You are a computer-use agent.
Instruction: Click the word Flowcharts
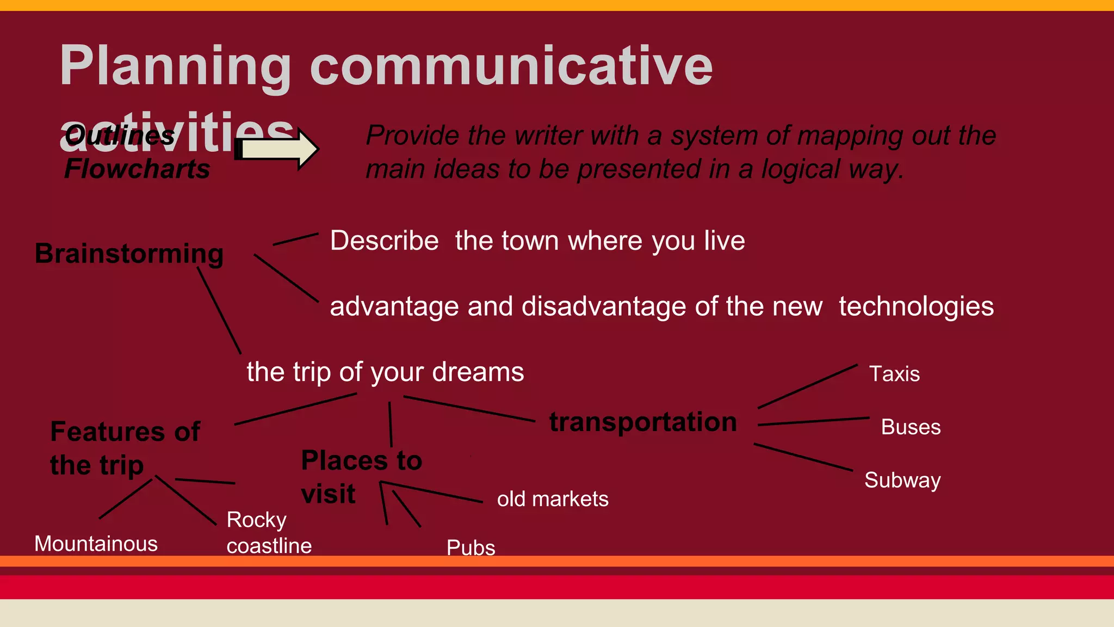coord(137,169)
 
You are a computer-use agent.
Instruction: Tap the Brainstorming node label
coord(129,254)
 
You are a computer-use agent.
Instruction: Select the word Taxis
coord(894,374)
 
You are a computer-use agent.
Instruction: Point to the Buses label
coord(911,427)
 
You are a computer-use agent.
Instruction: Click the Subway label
coord(902,481)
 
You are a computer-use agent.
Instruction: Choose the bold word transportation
coord(643,422)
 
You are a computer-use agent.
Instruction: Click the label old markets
coord(553,499)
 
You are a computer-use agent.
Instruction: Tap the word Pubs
coord(471,547)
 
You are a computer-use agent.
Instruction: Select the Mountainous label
coord(96,544)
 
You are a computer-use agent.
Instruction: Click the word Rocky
coord(256,520)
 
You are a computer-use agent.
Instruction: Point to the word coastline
coord(269,546)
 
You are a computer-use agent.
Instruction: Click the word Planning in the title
coord(175,66)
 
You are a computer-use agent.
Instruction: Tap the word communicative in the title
coord(511,66)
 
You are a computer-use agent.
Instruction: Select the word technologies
coord(916,306)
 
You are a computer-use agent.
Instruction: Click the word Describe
coord(384,241)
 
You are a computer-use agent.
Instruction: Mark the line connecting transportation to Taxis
coord(807,386)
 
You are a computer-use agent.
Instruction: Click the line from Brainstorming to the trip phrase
coord(219,311)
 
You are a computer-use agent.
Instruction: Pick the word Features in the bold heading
coord(108,432)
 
